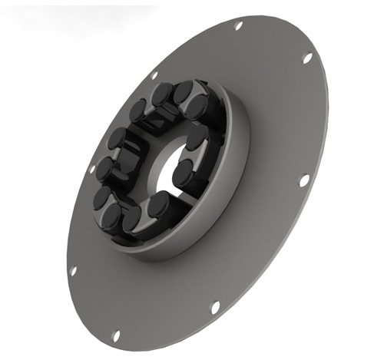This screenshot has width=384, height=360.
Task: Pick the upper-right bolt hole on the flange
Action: (x=307, y=58)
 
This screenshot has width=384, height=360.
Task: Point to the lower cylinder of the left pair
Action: (x=105, y=169)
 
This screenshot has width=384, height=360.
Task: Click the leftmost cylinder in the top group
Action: (x=138, y=111)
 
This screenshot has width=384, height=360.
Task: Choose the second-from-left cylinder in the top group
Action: (x=162, y=94)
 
